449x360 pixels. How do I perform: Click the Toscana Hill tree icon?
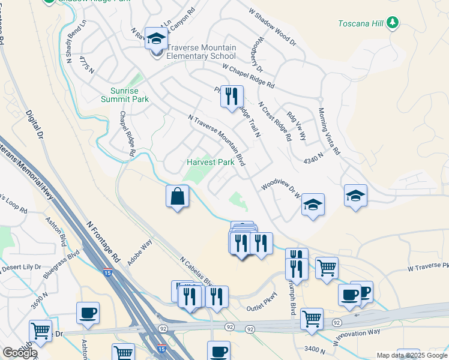(x=393, y=22)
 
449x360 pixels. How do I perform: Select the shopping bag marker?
(x=178, y=196)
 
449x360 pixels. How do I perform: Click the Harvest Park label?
(x=210, y=162)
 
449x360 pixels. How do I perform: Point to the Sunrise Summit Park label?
(x=124, y=94)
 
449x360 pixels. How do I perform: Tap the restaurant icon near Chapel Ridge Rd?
(x=232, y=96)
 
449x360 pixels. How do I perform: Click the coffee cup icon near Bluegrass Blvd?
(x=88, y=313)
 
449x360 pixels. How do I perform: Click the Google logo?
(x=19, y=352)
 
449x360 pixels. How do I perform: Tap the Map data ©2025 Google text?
(x=411, y=355)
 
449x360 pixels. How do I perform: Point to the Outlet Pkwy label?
(x=262, y=308)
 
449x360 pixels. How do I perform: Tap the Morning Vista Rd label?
(x=329, y=131)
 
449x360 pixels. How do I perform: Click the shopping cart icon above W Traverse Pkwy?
(x=327, y=268)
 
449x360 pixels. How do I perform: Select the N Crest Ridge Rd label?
(x=276, y=121)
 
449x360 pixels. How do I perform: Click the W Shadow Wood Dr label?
(x=273, y=27)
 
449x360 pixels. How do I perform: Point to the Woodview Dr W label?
(x=280, y=187)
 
